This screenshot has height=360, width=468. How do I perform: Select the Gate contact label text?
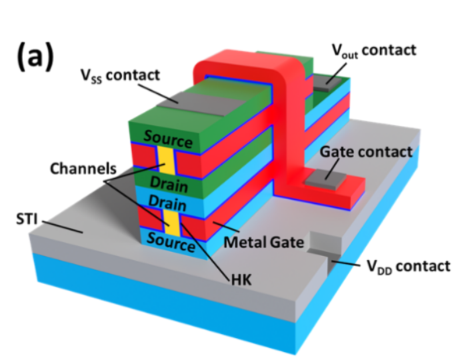tap(366, 152)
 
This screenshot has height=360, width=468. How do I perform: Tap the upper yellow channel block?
tap(165, 160)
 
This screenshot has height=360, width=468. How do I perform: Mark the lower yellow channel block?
tap(172, 221)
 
